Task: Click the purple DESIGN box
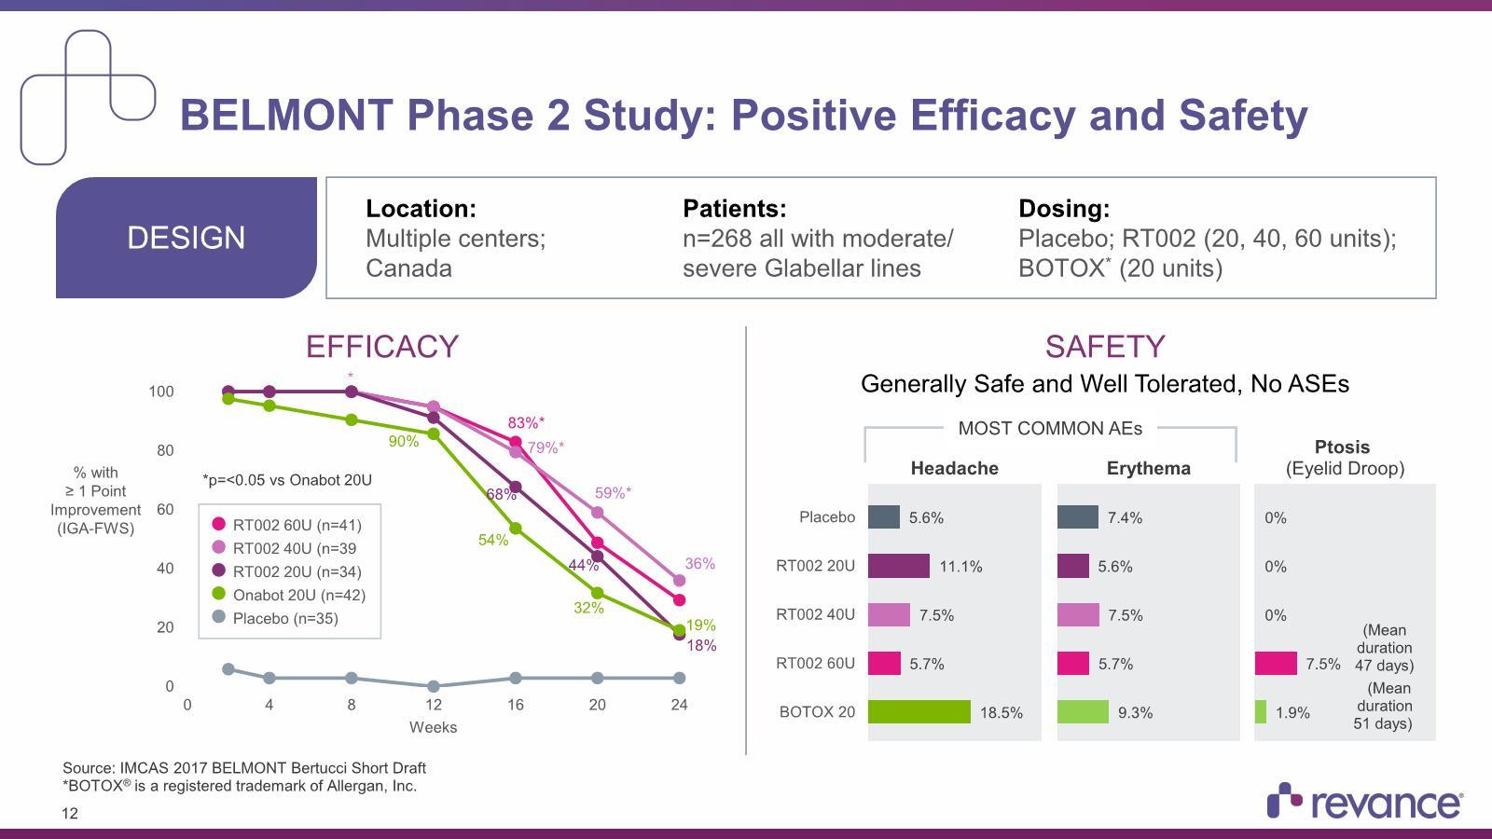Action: [186, 238]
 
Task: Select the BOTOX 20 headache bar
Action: [919, 712]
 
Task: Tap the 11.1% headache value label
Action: [960, 567]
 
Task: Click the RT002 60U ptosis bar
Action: [1276, 664]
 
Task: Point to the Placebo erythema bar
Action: [1077, 517]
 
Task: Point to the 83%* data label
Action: [526, 423]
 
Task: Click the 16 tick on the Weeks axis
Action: [516, 705]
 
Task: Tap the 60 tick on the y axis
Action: [165, 509]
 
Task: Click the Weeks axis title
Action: [433, 727]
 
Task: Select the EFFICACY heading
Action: [382, 347]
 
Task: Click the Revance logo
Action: [1365, 802]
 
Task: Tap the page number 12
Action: [70, 814]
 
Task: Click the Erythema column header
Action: [1148, 468]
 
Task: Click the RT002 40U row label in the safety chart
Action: [815, 615]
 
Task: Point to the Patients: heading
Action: [734, 209]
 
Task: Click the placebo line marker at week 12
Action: [434, 686]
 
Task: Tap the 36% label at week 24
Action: [699, 564]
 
